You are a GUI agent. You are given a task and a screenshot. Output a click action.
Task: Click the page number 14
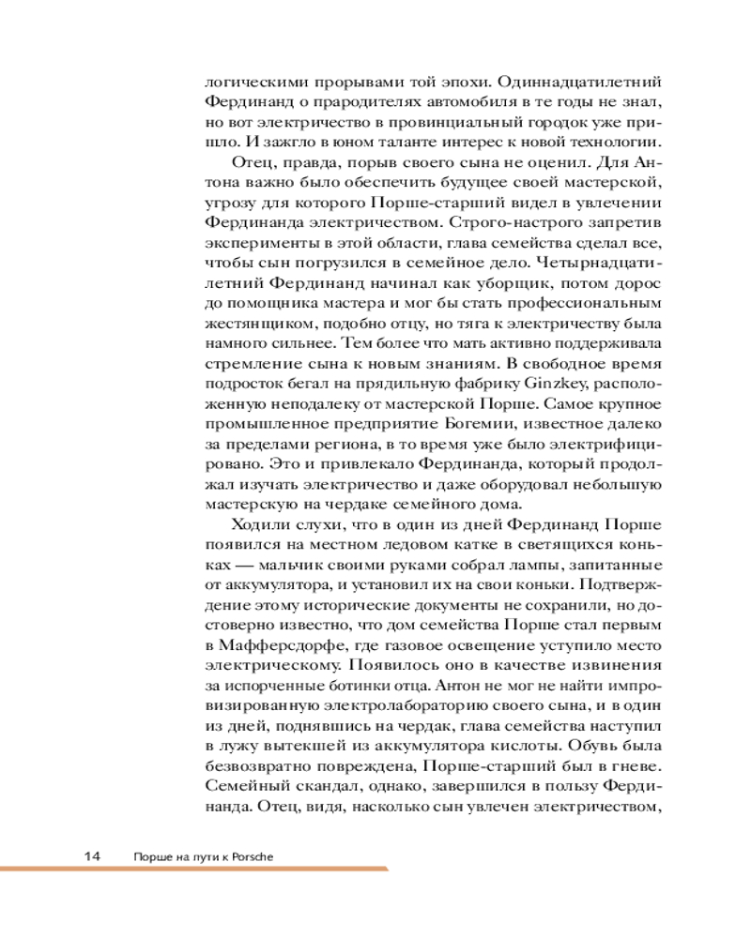[x=91, y=856]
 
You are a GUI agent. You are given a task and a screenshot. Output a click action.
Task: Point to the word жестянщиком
[x=251, y=321]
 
